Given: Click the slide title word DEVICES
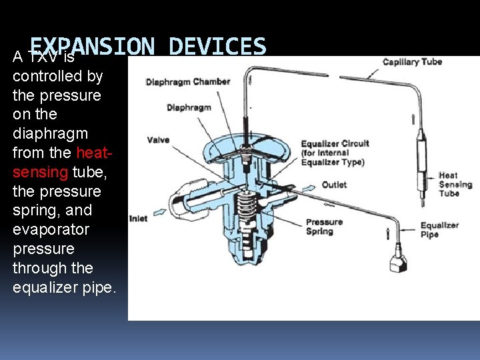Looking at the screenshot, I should coord(217,47).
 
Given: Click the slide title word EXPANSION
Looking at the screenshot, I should coord(92,47).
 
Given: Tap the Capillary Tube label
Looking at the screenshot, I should coord(412,62).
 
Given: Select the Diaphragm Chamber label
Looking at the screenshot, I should coord(188,82).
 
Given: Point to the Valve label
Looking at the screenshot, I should coord(158,140).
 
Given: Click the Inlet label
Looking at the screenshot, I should coord(138,218).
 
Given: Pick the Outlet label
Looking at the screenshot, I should coord(334,185).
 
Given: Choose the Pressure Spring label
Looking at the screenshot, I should coord(324,227).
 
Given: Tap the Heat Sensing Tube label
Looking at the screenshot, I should coord(455,185).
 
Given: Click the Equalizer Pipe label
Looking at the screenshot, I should coord(439,230).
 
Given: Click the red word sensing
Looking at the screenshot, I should coord(41,172).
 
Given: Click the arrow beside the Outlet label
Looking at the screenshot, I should coord(308,189).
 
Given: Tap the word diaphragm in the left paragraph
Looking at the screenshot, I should coord(50,133).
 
